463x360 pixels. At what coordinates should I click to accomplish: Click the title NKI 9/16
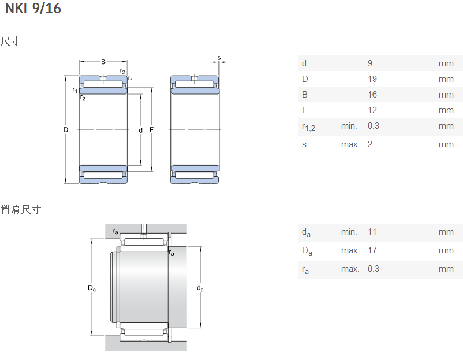(x=33, y=9)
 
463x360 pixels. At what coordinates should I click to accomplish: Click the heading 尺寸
(x=10, y=42)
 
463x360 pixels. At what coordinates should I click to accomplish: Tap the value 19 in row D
(x=372, y=79)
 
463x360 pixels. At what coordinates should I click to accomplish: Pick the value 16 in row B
(x=372, y=95)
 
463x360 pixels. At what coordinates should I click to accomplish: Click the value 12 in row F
(x=372, y=110)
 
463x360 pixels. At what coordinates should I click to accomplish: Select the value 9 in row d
(x=370, y=63)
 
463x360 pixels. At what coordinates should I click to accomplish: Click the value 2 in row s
(x=370, y=144)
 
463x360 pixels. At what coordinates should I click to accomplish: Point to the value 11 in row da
(x=372, y=232)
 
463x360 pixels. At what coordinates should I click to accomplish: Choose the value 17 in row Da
(x=372, y=250)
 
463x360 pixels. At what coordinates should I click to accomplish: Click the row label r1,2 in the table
(x=308, y=127)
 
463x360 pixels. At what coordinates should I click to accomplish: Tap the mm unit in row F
(x=446, y=110)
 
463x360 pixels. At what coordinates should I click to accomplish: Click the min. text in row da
(x=349, y=232)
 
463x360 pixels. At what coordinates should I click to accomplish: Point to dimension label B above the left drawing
(x=103, y=62)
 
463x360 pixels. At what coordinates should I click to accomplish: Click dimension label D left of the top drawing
(x=66, y=130)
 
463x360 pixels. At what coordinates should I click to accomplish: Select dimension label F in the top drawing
(x=152, y=130)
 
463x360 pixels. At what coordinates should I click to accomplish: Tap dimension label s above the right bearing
(x=219, y=58)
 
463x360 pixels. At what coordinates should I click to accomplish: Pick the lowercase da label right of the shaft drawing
(x=200, y=288)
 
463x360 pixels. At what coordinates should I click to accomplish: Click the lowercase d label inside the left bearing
(x=140, y=130)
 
